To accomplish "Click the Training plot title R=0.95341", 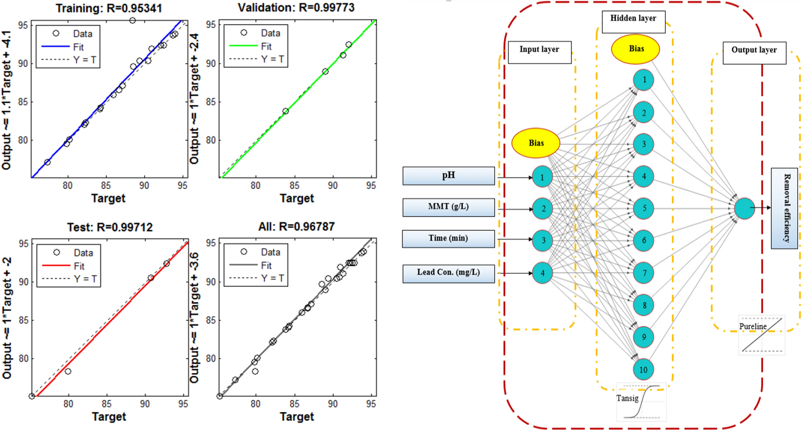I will coord(108,8).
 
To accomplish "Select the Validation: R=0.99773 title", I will coord(296,7).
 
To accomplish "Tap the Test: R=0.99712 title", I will coord(110,227).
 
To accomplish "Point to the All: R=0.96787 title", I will coord(296,226).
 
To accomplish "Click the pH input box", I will coord(448,176).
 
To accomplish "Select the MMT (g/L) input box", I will coord(448,207).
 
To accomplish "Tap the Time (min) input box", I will coord(448,239).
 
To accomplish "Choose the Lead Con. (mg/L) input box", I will coord(448,273).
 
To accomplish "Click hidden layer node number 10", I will coord(643,369).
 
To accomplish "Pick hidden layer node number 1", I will coord(643,80).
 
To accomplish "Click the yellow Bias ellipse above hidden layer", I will coord(635,49).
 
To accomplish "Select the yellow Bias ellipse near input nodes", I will coord(536,143).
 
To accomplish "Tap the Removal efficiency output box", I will coord(784,208).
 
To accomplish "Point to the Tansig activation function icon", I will coord(641,402).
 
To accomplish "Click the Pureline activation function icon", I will coord(762,335).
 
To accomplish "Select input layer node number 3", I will coord(543,240).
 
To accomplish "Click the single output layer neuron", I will coord(744,208).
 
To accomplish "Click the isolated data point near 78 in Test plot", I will coord(68,371).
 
